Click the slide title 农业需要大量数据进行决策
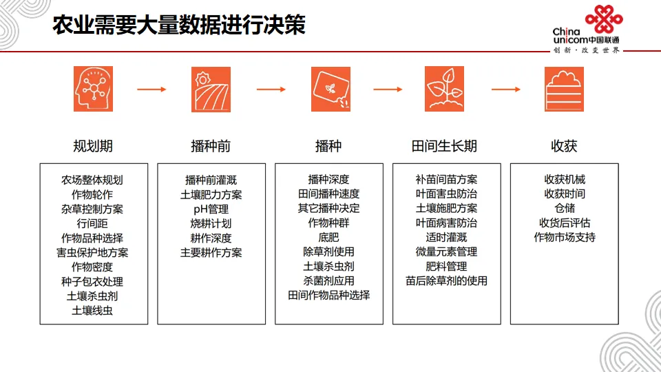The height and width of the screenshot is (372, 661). (179, 25)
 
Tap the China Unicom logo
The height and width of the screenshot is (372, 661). (587, 30)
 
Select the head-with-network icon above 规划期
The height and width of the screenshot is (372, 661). (93, 89)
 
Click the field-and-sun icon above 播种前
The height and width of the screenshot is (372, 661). (211, 90)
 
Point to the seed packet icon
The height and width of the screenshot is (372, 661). (331, 89)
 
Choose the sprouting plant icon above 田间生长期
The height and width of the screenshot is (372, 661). (444, 89)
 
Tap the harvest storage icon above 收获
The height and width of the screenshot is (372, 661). (564, 89)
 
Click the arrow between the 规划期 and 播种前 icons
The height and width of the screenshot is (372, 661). (151, 90)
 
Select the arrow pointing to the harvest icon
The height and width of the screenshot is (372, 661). (506, 90)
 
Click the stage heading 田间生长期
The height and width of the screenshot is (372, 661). (444, 146)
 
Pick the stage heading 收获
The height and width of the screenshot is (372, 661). (564, 146)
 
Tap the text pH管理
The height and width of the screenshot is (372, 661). (211, 209)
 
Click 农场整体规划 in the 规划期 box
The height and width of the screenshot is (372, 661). (92, 180)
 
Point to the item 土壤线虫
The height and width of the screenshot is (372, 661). (92, 311)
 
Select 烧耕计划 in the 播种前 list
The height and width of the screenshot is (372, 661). (211, 223)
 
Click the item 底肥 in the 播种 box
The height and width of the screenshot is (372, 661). (329, 238)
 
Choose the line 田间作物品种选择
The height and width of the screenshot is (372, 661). (329, 296)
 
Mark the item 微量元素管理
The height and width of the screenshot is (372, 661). (446, 252)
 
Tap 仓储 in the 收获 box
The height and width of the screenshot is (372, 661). (565, 208)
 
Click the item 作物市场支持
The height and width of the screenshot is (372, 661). (565, 238)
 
